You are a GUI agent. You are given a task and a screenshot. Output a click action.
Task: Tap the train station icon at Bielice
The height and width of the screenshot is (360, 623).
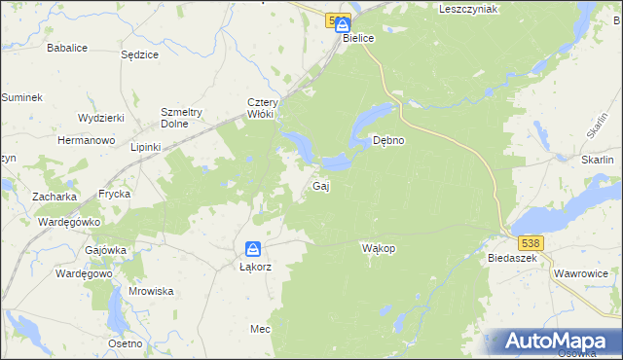(343, 23)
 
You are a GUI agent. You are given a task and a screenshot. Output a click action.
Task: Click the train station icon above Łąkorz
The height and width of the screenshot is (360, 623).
(252, 249)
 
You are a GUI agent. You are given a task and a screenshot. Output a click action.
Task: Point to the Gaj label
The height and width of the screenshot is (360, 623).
(319, 186)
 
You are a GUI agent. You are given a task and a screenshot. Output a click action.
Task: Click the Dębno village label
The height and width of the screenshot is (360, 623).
(389, 140)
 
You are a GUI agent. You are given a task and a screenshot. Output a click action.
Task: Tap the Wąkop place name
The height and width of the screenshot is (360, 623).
(378, 248)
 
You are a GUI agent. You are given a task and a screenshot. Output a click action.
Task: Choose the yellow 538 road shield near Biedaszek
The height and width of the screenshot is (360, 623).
(530, 241)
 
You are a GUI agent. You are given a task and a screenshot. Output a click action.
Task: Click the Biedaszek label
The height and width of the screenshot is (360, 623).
(512, 259)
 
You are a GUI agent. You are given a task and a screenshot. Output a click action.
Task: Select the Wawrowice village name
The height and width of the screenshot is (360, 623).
(582, 274)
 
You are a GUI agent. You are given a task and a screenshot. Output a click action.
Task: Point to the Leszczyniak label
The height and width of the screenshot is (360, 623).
(468, 9)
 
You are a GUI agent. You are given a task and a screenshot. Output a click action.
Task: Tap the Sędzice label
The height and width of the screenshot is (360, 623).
(139, 54)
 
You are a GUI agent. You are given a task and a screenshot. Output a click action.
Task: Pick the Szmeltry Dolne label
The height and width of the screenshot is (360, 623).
(180, 118)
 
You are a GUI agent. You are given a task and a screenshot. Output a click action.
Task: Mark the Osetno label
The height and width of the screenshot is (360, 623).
(126, 343)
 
